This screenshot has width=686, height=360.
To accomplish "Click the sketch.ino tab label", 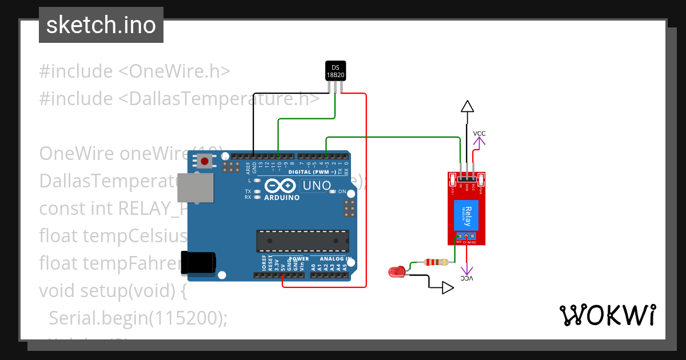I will (101, 25).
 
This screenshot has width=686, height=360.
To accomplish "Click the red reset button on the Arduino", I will (205, 161).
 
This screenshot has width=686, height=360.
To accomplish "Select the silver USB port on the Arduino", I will (195, 188).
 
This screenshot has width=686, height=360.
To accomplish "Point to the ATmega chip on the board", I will (302, 241).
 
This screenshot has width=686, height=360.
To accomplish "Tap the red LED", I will (396, 272).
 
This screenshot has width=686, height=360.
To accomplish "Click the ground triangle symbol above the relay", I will (468, 106).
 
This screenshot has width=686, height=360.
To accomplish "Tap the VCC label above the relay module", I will (479, 133).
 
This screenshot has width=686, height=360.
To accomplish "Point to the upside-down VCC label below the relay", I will (468, 278).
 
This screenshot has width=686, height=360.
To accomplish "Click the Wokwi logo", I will (607, 315).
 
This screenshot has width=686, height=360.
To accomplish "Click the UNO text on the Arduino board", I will (317, 186).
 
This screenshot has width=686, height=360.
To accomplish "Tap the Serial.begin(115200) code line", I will (138, 318).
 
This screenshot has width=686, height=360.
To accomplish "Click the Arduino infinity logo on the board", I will (280, 186).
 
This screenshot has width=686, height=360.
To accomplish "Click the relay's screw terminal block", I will (466, 236).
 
